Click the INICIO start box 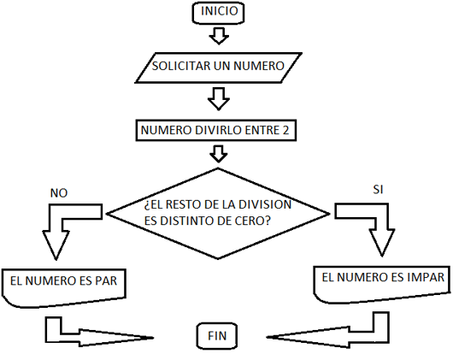(x=221, y=13)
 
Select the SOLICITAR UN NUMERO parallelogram (x=219, y=65)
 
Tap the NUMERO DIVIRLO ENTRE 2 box (x=219, y=130)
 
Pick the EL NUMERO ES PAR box (x=64, y=283)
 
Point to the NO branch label (x=58, y=193)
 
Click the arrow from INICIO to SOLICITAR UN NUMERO (x=220, y=35)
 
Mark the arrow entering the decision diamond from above (x=219, y=153)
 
